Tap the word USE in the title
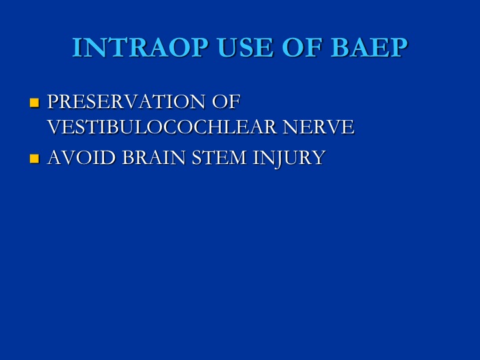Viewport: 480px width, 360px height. (x=245, y=47)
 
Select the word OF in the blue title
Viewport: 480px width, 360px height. (x=302, y=47)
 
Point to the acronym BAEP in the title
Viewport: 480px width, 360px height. (x=369, y=47)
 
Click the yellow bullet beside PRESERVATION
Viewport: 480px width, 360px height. (x=34, y=103)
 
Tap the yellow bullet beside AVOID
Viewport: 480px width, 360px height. (x=34, y=159)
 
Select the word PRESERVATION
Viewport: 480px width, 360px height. (x=126, y=101)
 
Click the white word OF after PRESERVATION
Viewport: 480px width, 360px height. (x=226, y=101)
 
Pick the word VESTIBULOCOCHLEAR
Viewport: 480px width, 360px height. (x=162, y=127)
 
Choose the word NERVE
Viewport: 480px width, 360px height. (x=319, y=127)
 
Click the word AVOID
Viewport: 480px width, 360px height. (x=82, y=157)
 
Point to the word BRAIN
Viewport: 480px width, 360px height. (x=154, y=157)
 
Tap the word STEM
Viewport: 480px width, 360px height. (x=219, y=157)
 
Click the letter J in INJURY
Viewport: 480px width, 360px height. (x=279, y=159)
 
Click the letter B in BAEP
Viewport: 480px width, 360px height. (x=340, y=47)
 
